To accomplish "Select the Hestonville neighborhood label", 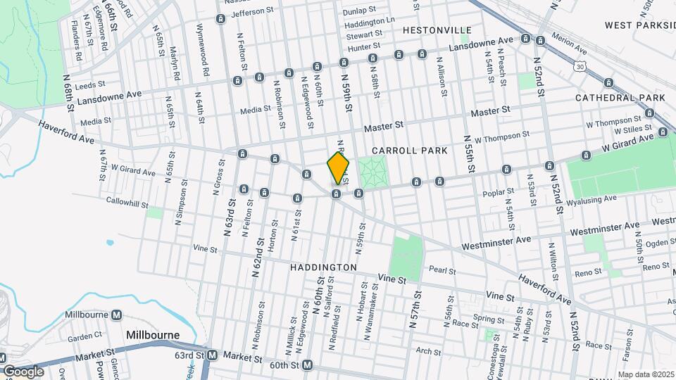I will (437, 30).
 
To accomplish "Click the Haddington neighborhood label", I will (323, 268).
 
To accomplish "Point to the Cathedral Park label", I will (620, 97).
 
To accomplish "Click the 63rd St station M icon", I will (211, 355).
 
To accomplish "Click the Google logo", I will (24, 371).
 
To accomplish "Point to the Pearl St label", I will (443, 271).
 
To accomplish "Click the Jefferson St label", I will (251, 12).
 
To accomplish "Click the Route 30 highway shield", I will (579, 65).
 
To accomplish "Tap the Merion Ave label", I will (569, 50).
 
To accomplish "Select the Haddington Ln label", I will (370, 23).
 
